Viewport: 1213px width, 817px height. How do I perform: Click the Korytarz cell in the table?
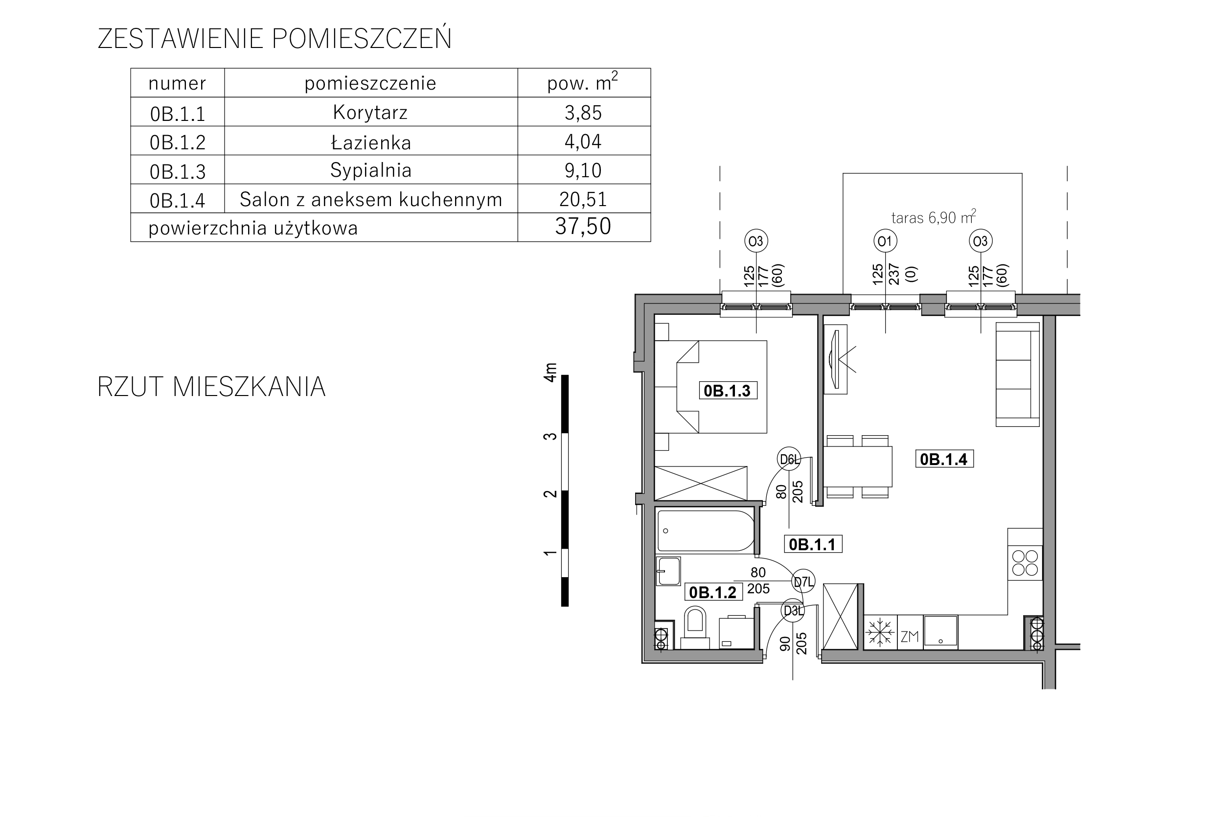(x=370, y=113)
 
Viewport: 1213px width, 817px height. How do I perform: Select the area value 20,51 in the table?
(x=583, y=199)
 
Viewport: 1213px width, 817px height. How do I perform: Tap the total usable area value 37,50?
(x=583, y=227)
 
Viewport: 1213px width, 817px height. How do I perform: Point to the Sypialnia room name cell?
(x=371, y=170)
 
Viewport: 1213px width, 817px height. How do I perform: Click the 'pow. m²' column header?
(x=583, y=83)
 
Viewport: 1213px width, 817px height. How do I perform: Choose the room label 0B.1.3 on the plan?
(x=727, y=391)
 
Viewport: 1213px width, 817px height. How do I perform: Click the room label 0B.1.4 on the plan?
(x=944, y=459)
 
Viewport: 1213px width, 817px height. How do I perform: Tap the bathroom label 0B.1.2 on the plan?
(x=712, y=592)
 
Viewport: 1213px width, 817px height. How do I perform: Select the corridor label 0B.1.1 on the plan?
(x=812, y=544)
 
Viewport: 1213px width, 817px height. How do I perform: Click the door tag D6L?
(x=789, y=459)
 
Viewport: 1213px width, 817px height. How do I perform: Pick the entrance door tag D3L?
(x=793, y=610)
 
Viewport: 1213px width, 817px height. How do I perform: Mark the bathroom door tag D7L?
(x=803, y=582)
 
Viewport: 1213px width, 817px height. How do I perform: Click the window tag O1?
(x=885, y=241)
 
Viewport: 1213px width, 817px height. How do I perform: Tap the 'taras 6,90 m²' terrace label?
(x=933, y=217)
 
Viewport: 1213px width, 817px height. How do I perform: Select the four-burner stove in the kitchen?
(x=1025, y=563)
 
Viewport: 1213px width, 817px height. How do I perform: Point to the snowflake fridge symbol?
(x=879, y=632)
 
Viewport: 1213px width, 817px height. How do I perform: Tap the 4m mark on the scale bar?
(x=550, y=373)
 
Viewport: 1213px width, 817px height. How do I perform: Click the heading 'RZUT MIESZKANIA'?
(x=211, y=387)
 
